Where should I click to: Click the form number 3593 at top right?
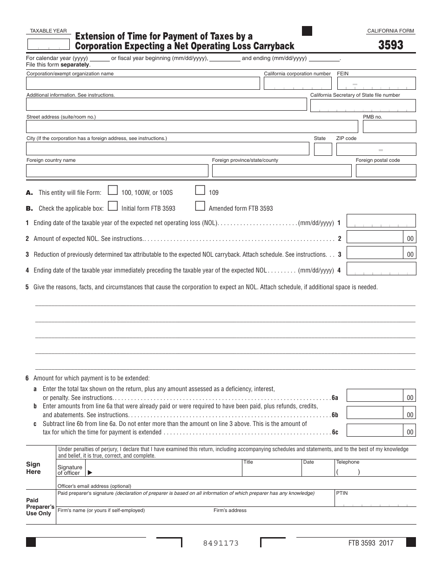[x=390, y=45]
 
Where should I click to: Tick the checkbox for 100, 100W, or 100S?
[x=113, y=190]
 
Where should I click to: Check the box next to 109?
[x=200, y=190]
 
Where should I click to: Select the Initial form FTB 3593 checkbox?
[x=113, y=206]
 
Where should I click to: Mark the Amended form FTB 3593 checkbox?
[x=200, y=206]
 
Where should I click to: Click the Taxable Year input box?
[x=47, y=44]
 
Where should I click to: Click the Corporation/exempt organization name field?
[x=143, y=83]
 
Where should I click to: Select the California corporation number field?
[x=298, y=83]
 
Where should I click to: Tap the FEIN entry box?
[x=376, y=83]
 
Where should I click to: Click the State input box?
[x=323, y=149]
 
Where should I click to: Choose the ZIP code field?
[x=376, y=149]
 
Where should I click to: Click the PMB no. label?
[x=372, y=117]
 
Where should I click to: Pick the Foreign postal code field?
[x=386, y=171]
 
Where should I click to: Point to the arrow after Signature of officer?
[x=90, y=473]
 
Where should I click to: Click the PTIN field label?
[x=342, y=493]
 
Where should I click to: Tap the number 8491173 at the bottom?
[x=221, y=543]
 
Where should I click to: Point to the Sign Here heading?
[x=33, y=468]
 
